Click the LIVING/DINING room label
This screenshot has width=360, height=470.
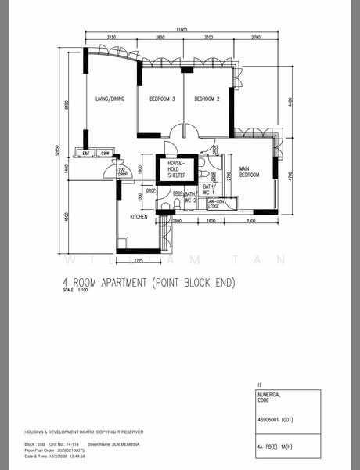110,99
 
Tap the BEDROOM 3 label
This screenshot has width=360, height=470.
162,99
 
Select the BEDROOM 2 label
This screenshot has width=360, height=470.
207,99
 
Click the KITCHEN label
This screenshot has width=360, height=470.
139,215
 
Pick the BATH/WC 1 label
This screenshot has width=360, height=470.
208,190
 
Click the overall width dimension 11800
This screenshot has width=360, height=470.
182,30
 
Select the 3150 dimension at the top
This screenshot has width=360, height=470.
111,38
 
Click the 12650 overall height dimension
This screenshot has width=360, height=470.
58,150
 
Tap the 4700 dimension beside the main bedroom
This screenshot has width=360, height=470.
290,175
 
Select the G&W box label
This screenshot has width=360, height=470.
106,153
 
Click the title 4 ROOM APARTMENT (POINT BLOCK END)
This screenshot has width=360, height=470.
149,281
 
